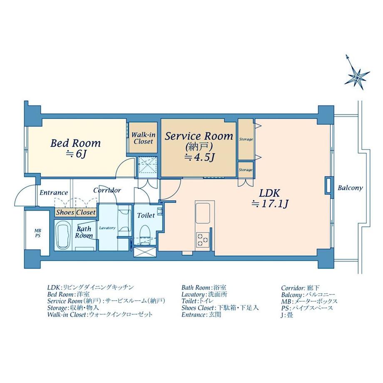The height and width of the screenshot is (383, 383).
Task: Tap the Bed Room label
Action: (x=75, y=143)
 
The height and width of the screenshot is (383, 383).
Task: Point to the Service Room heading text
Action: (x=199, y=136)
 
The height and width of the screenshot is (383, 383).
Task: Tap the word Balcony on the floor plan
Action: (x=350, y=188)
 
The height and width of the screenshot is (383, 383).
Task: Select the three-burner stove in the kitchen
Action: (x=202, y=239)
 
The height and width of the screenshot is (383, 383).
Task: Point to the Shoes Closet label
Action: (x=76, y=212)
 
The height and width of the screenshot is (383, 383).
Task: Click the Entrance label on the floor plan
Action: (x=53, y=192)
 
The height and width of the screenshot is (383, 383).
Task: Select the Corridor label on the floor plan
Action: (x=107, y=190)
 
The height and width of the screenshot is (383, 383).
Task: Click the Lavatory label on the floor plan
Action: (x=107, y=228)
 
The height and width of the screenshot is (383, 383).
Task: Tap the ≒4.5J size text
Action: (x=199, y=157)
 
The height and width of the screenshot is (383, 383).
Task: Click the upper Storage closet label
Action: (x=246, y=139)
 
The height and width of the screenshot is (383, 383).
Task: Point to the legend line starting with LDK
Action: (x=90, y=287)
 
